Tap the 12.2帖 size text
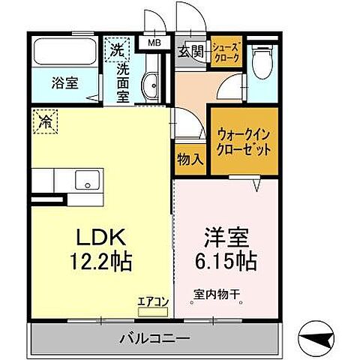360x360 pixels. [102, 262]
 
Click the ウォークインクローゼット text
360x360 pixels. [244, 141]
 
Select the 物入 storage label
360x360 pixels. [190, 159]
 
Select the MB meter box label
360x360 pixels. [154, 43]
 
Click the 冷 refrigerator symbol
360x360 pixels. [46, 121]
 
